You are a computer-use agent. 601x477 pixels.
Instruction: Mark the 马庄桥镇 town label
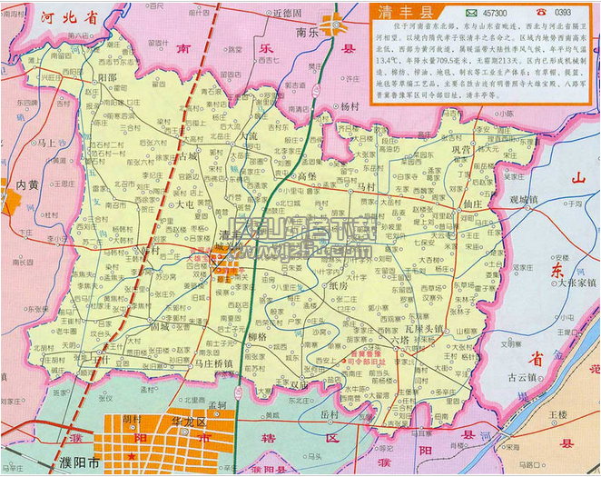point(214,363)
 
